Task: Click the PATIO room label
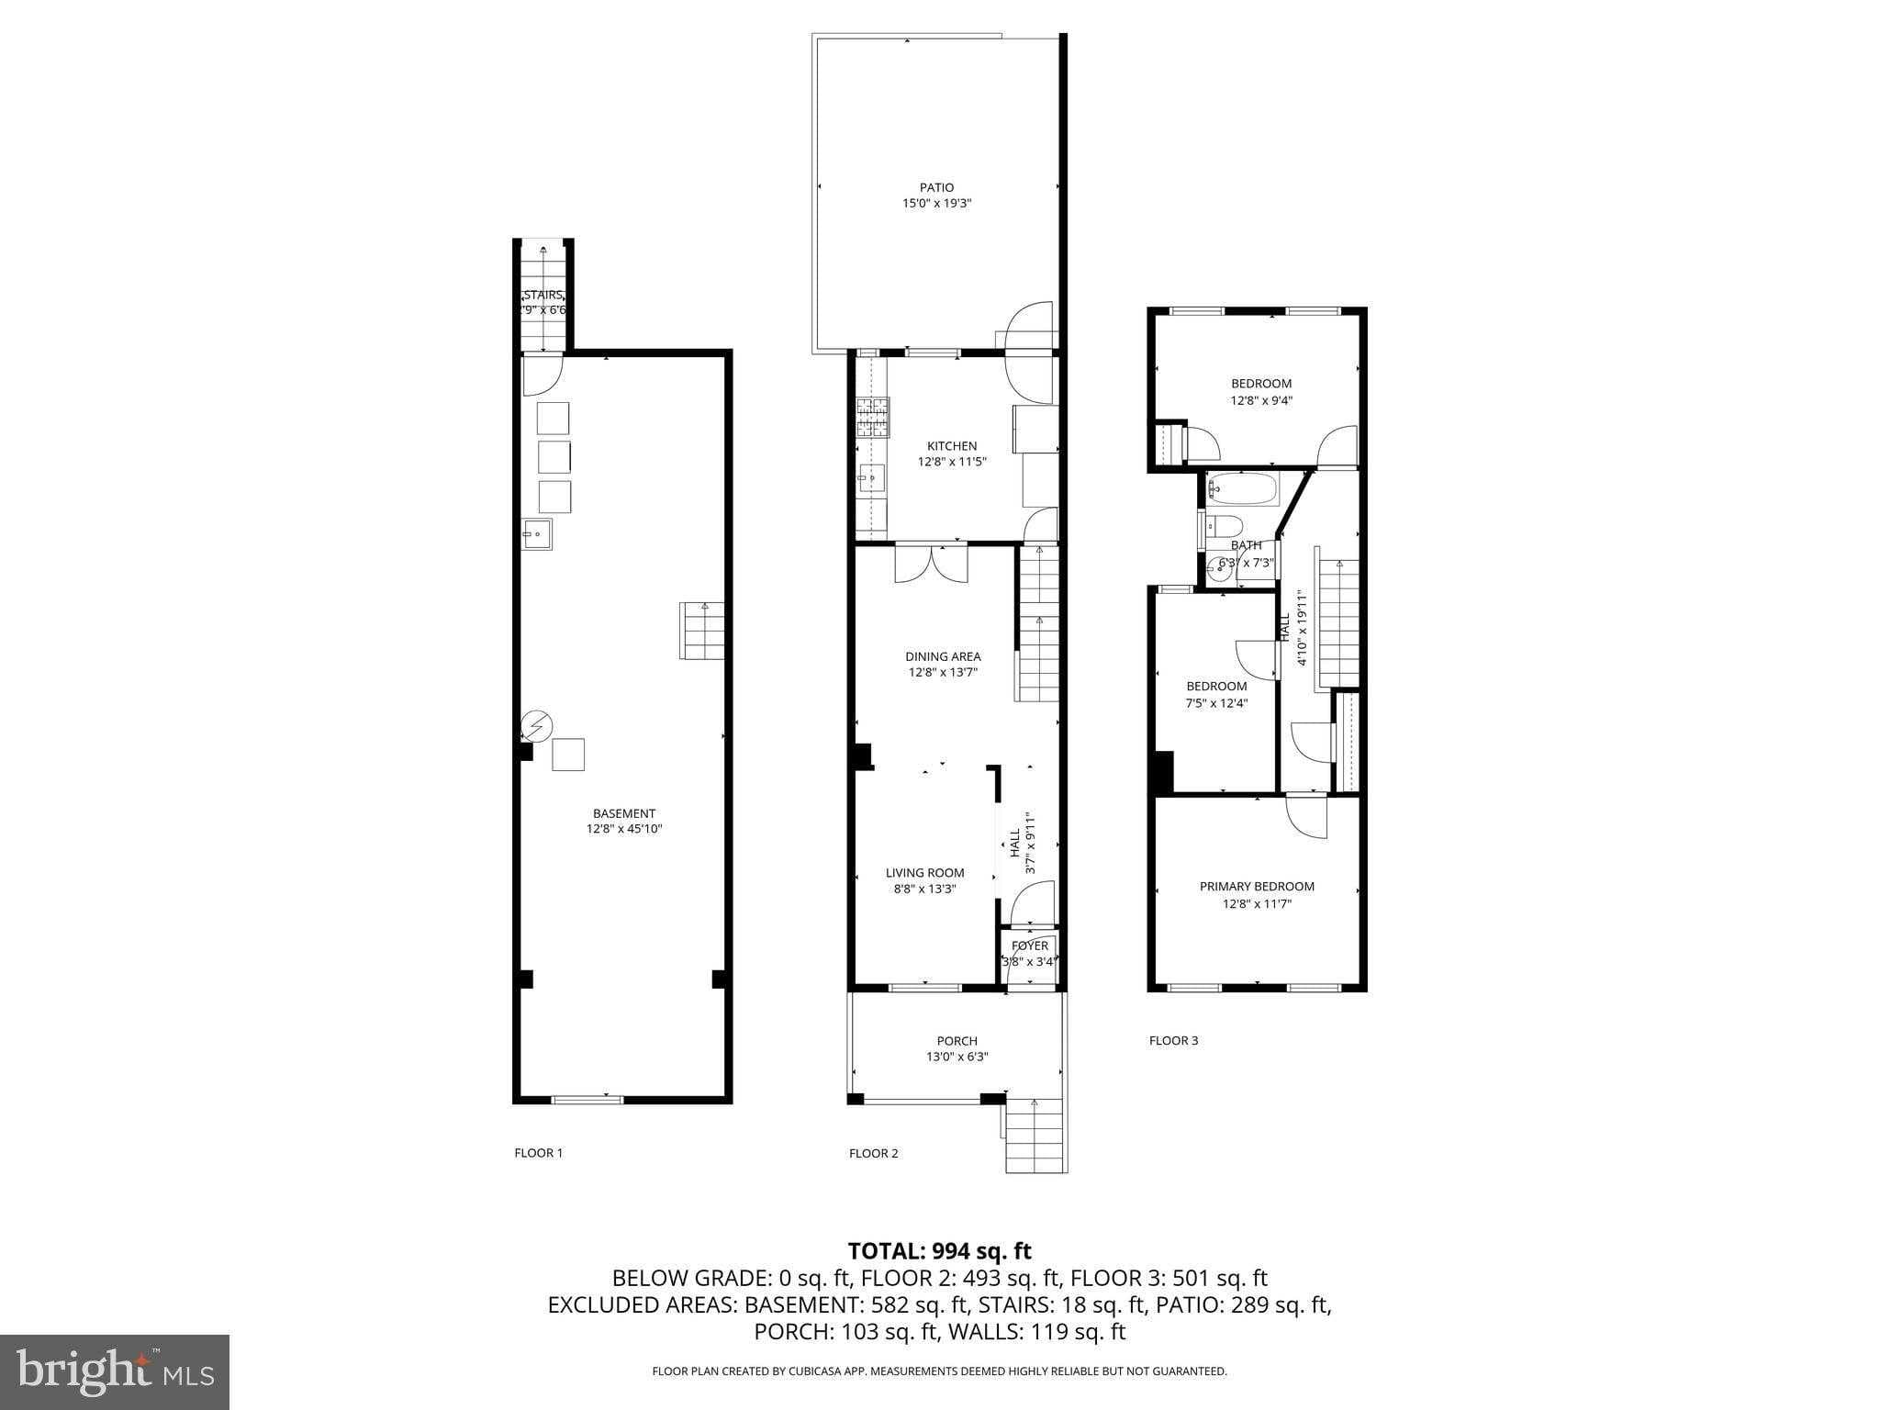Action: (x=936, y=187)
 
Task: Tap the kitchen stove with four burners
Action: (x=872, y=416)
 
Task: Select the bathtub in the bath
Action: (x=1242, y=489)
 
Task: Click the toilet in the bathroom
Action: (x=1224, y=526)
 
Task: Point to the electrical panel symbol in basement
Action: (x=536, y=727)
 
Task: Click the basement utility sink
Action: (x=537, y=533)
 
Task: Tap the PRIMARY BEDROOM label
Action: (x=1257, y=886)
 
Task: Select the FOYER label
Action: (x=1029, y=946)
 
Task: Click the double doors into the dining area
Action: (x=931, y=563)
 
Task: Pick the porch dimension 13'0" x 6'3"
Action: (x=957, y=1057)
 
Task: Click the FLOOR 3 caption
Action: (x=1173, y=1040)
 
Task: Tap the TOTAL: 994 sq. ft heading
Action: (x=939, y=1251)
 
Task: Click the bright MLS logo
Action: (x=115, y=1371)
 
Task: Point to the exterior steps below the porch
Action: (x=1035, y=1138)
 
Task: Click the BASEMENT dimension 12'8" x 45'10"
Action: (x=624, y=829)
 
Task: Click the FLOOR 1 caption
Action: (x=538, y=1153)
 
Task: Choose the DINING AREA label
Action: (x=943, y=656)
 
